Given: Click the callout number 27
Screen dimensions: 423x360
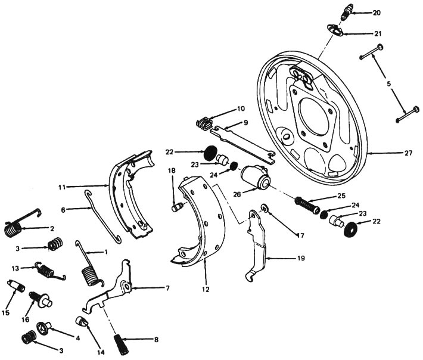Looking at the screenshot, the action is pyautogui.click(x=408, y=153).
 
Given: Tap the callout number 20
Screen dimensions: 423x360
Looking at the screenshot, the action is pyautogui.click(x=377, y=13).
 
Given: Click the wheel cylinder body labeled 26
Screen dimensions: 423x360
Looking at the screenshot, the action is pyautogui.click(x=255, y=177).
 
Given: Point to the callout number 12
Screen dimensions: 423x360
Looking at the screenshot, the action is pyautogui.click(x=206, y=289).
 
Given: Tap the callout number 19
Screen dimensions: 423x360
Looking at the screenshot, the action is pyautogui.click(x=301, y=258).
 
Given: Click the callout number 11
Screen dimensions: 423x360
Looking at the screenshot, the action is pyautogui.click(x=63, y=187).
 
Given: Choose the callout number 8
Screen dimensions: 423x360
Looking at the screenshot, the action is pyautogui.click(x=156, y=340).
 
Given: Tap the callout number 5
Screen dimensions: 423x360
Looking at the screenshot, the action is pyautogui.click(x=388, y=84).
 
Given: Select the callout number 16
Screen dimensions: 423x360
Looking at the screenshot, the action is pyautogui.click(x=26, y=319).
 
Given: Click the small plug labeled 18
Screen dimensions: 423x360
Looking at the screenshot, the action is pyautogui.click(x=178, y=208).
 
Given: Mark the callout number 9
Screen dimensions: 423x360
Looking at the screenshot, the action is pyautogui.click(x=245, y=123).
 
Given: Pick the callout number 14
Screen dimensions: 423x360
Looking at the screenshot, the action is pyautogui.click(x=101, y=352).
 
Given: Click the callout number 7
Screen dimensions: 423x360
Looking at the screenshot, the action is pyautogui.click(x=167, y=288).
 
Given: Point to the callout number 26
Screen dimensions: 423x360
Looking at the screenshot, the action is pyautogui.click(x=237, y=194).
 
